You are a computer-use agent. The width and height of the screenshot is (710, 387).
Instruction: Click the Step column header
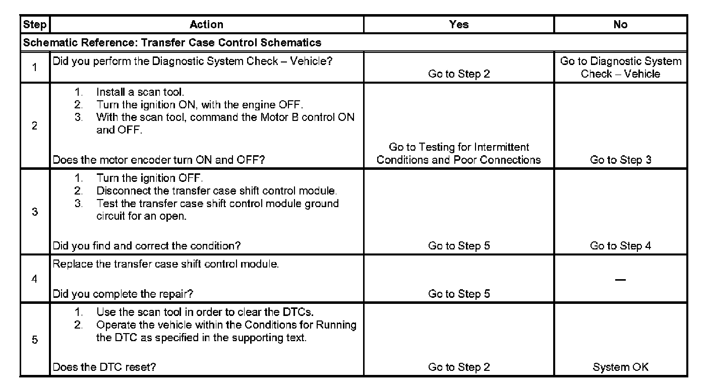[x=35, y=24]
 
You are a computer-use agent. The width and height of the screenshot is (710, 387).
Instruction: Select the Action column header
[x=206, y=24]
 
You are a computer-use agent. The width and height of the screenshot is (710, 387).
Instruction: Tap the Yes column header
[x=458, y=24]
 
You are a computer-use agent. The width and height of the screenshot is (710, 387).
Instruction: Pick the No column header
[x=620, y=24]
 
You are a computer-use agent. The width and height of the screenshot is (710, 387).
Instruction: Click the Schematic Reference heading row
[x=172, y=42]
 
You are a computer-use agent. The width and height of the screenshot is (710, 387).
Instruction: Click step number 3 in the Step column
[x=35, y=212]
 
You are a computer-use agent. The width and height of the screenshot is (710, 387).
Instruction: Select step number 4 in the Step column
[x=35, y=279]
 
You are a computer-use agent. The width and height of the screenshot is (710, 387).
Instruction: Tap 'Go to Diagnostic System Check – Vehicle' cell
[x=620, y=68]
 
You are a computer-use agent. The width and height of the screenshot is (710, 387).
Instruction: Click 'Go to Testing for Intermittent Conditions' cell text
[x=458, y=154]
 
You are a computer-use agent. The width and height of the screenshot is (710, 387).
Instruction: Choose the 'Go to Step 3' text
[x=620, y=160]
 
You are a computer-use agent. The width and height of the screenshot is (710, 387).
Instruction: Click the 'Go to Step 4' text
[x=620, y=246]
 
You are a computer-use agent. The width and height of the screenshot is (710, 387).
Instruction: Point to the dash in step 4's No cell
[x=621, y=280]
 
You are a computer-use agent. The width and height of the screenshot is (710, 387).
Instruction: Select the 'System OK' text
[x=620, y=367]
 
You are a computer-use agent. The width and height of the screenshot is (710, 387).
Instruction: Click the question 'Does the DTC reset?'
[x=104, y=367]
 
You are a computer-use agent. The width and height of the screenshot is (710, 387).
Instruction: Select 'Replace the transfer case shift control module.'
[x=166, y=265]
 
